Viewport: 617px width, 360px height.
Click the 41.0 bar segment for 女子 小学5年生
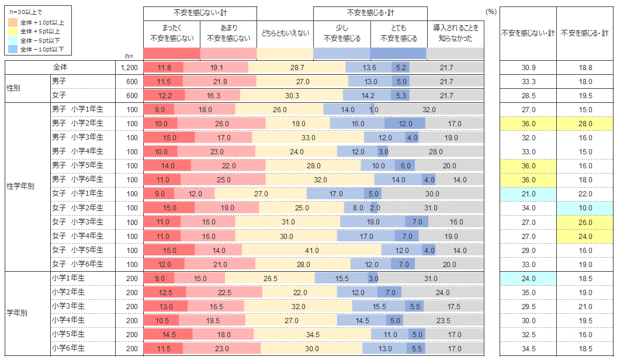click(x=312, y=250)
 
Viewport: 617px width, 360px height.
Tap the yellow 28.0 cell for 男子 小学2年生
click(x=585, y=123)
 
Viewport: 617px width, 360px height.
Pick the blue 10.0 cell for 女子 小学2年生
click(x=585, y=208)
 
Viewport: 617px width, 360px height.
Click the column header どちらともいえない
click(x=285, y=33)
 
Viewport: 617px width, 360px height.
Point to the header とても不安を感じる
click(x=398, y=33)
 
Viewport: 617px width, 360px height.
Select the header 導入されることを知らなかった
click(x=455, y=33)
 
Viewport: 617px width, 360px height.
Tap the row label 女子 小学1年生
click(x=77, y=193)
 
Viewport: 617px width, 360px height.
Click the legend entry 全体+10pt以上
click(x=42, y=22)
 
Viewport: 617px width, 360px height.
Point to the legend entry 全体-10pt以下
click(x=42, y=50)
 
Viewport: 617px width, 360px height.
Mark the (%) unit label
click(x=491, y=11)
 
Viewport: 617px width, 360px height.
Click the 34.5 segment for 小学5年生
click(x=313, y=334)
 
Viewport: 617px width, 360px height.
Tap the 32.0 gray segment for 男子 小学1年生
click(x=429, y=109)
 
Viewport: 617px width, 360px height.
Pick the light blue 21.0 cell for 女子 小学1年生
click(x=528, y=193)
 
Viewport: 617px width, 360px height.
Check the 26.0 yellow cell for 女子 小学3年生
click(x=585, y=222)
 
